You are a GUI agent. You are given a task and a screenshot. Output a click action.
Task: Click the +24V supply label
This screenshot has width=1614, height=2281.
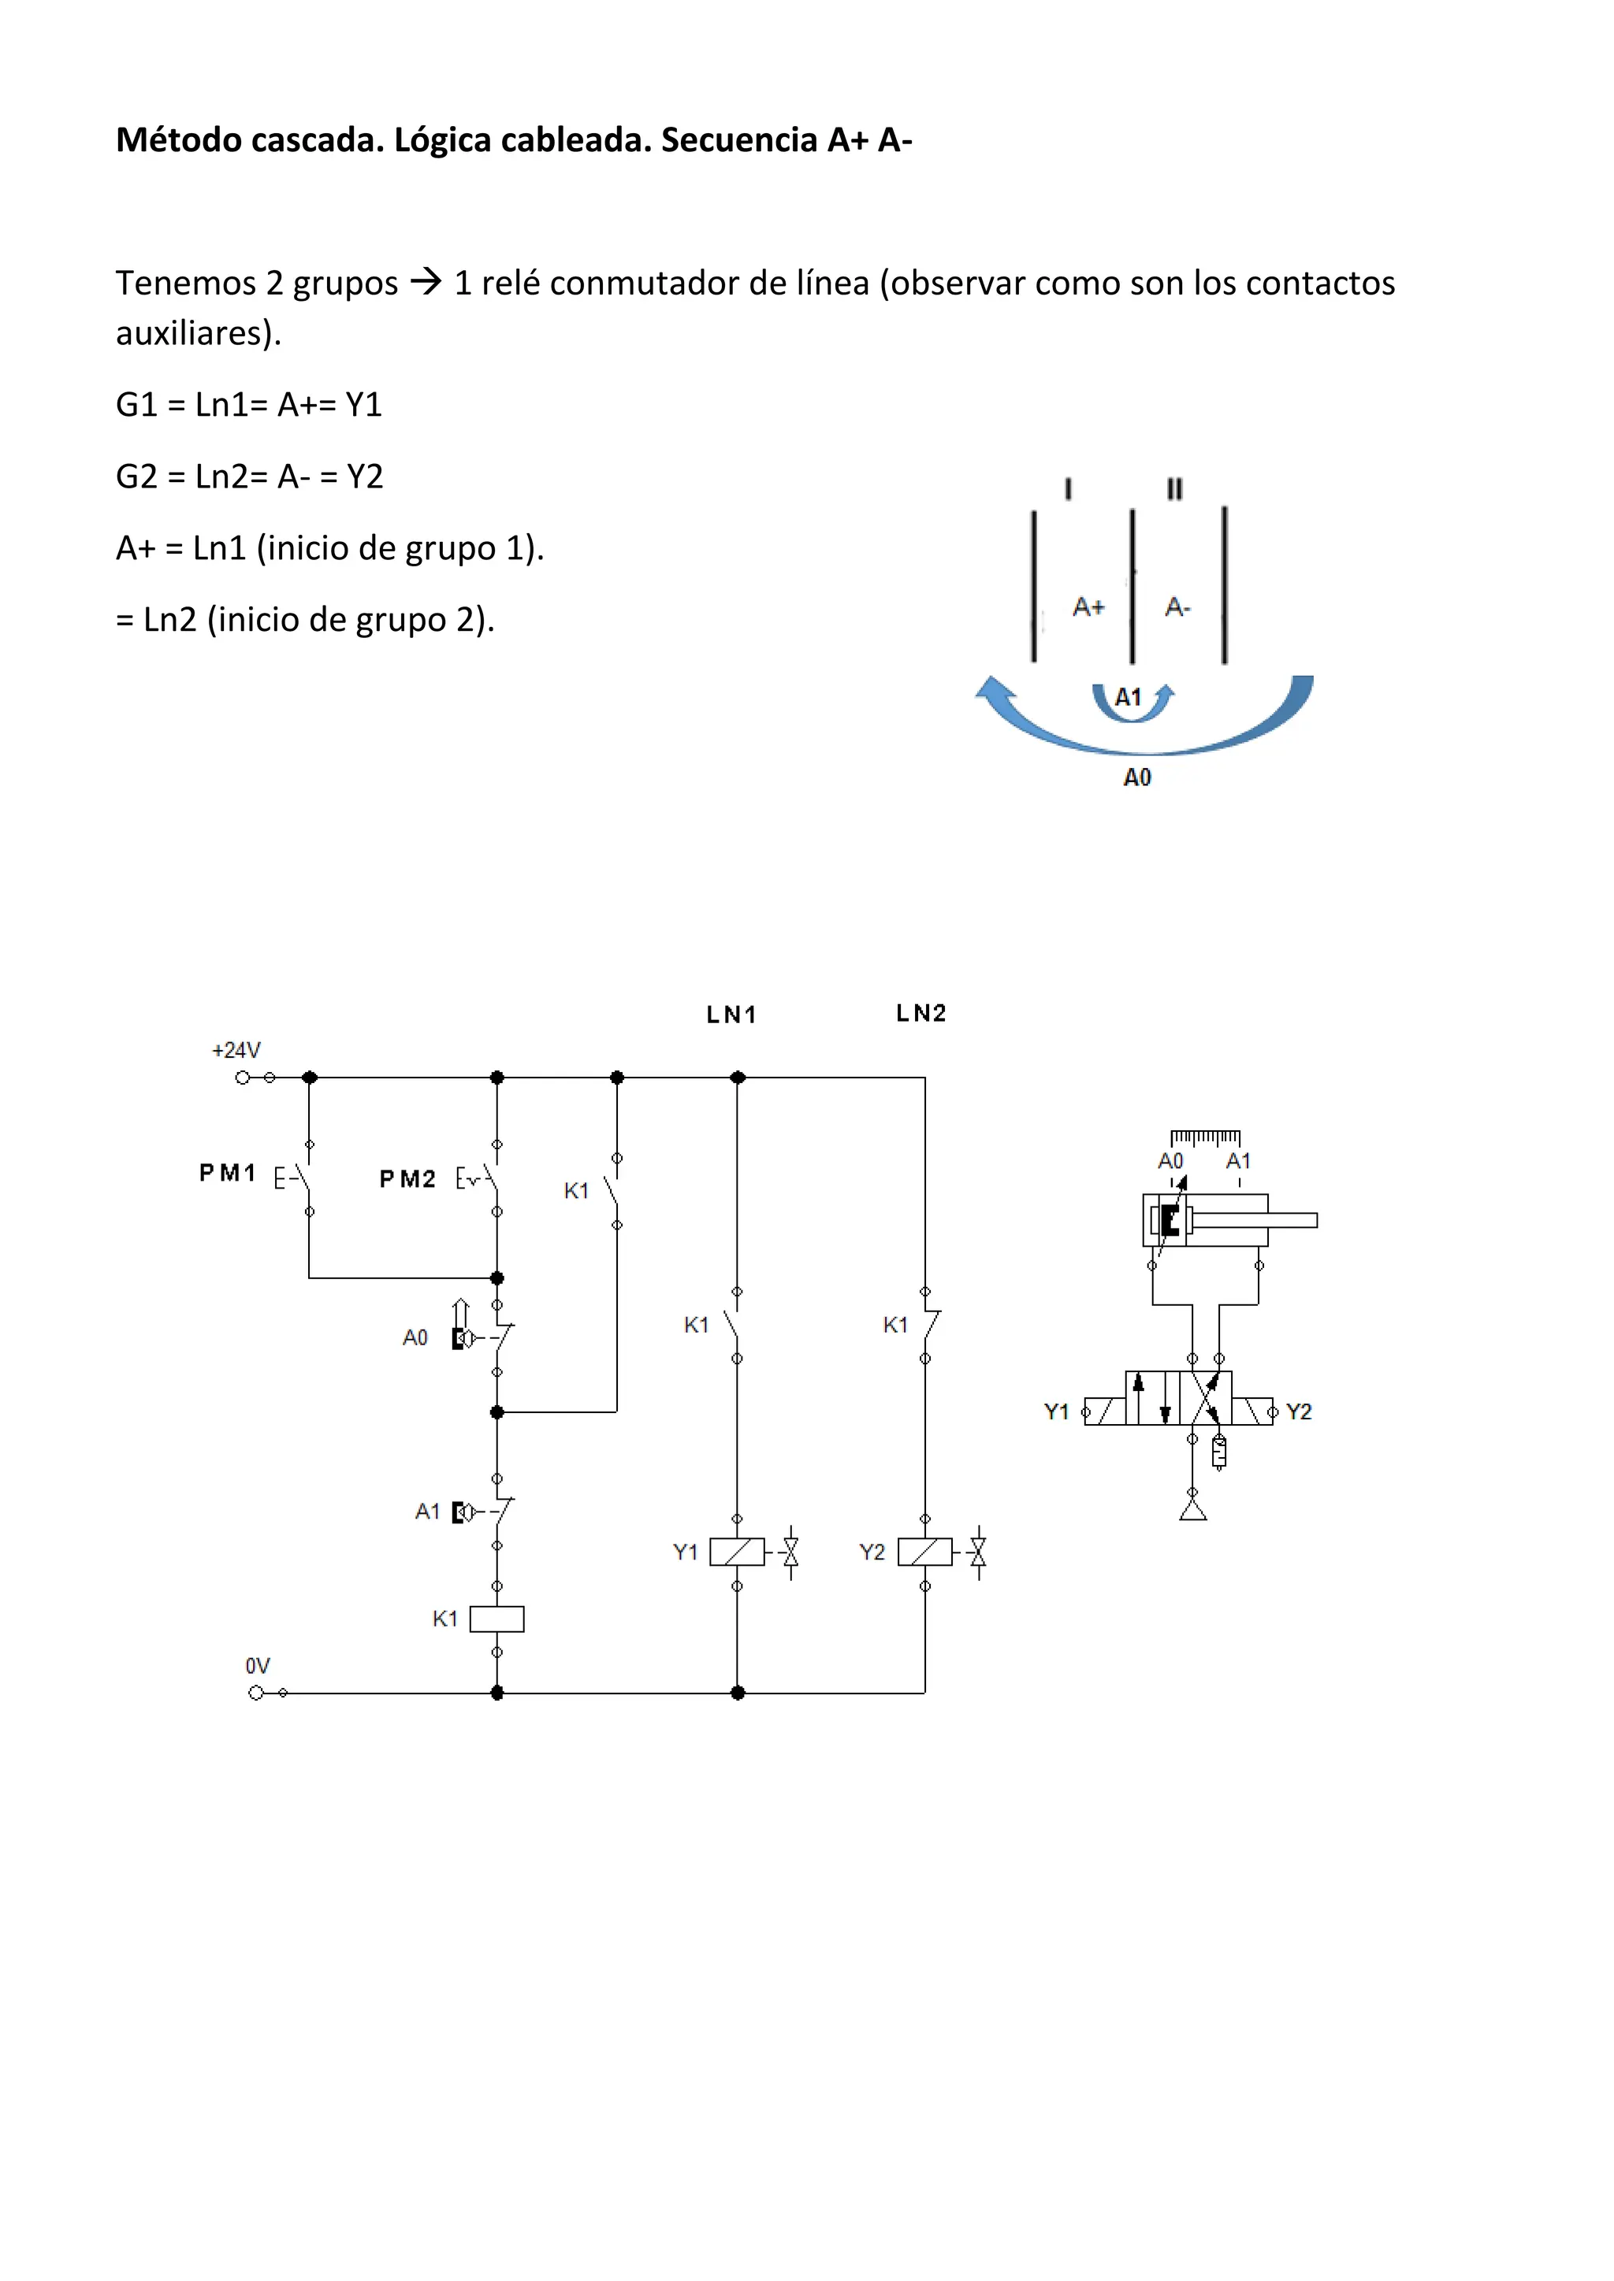[236, 1050]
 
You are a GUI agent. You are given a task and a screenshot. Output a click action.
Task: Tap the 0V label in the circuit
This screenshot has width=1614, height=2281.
[258, 1666]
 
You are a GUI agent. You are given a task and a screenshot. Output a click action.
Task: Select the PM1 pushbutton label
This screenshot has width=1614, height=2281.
[228, 1174]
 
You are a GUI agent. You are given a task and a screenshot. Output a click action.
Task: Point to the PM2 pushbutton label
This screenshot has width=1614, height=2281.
[407, 1179]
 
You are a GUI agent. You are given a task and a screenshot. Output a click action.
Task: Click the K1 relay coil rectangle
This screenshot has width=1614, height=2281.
[497, 1619]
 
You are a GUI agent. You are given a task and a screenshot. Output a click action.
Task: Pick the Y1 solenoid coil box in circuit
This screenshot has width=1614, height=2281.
[736, 1552]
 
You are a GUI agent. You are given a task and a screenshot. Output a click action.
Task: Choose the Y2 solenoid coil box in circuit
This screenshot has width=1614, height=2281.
[924, 1552]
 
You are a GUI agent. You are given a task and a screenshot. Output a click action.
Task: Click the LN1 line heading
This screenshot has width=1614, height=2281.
[731, 1014]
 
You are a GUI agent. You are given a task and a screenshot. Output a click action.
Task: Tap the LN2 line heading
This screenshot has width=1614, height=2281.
[921, 1014]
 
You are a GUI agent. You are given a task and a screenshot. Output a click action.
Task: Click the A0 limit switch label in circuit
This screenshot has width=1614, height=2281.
[415, 1338]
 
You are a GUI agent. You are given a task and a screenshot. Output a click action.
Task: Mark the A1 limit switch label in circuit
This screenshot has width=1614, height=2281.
[427, 1512]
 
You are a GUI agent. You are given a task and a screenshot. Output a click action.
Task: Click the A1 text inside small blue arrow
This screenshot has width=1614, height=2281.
[1128, 697]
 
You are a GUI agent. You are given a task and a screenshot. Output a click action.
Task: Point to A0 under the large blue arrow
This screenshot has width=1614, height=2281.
[1137, 778]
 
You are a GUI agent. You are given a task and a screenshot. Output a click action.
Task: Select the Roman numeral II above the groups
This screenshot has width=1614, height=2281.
[1175, 489]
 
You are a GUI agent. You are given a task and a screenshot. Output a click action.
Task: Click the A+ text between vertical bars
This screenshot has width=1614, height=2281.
[1088, 607]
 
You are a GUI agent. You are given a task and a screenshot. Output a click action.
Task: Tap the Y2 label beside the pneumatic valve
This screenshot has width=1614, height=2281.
[1298, 1411]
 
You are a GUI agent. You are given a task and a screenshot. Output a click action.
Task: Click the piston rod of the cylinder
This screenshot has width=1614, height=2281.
[1282, 1220]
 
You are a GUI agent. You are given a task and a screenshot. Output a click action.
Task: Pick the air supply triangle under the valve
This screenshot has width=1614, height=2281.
[1192, 1510]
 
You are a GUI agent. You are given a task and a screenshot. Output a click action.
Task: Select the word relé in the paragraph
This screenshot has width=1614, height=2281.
[508, 283]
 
